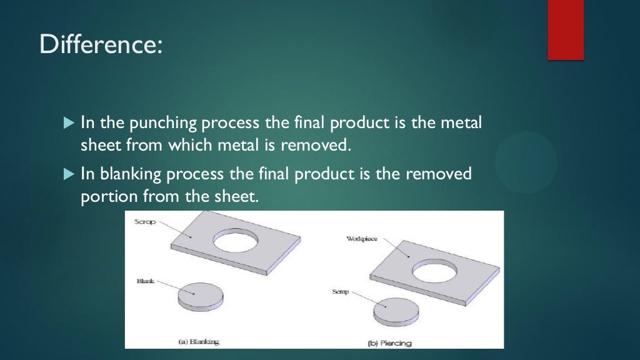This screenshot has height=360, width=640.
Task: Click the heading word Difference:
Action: (x=101, y=46)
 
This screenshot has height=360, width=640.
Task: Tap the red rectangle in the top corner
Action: (x=566, y=29)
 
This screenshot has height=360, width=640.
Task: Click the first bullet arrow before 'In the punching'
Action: (x=69, y=122)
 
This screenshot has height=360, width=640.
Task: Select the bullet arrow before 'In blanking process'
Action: (x=69, y=173)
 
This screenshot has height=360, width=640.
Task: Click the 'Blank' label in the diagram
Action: (x=145, y=282)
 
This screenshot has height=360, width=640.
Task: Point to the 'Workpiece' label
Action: (x=362, y=239)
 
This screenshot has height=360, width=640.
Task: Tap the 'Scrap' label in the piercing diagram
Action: (x=340, y=292)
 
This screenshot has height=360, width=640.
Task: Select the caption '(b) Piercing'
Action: (x=391, y=343)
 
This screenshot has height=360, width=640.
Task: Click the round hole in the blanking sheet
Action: (x=236, y=240)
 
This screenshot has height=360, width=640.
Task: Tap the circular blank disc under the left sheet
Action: (x=200, y=295)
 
